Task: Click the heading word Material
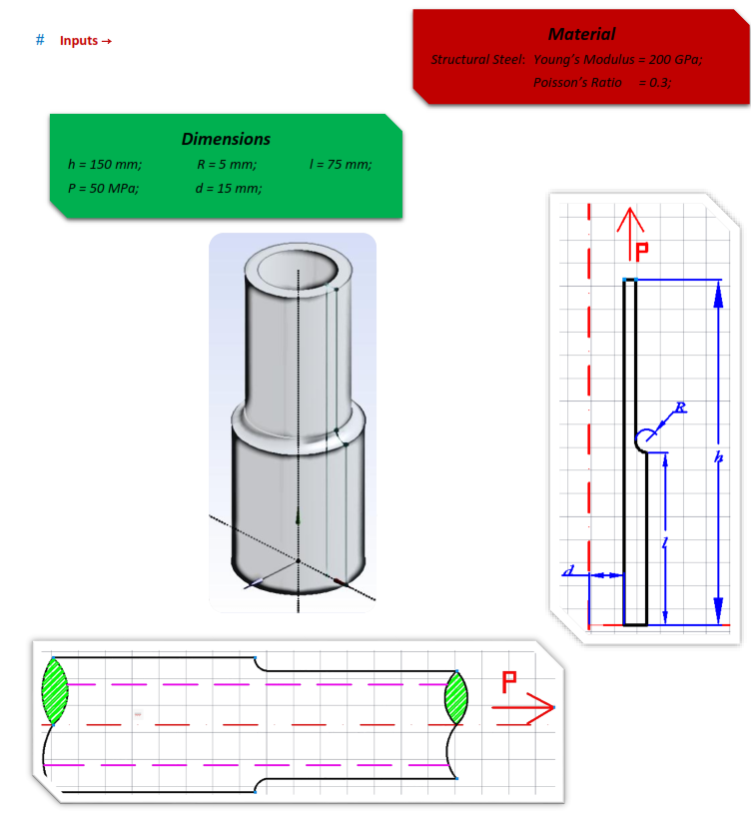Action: pos(581,34)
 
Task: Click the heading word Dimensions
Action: pos(226,140)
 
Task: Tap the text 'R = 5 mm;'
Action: pos(227,164)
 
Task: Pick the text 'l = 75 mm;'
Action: pos(342,164)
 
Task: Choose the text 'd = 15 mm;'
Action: pos(229,188)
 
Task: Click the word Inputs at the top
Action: pos(79,41)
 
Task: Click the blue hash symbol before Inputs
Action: pos(40,40)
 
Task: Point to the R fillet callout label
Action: pos(681,407)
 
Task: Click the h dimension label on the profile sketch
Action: pos(718,456)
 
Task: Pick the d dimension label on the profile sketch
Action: pos(568,570)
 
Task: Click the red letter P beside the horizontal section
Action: pos(508,684)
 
